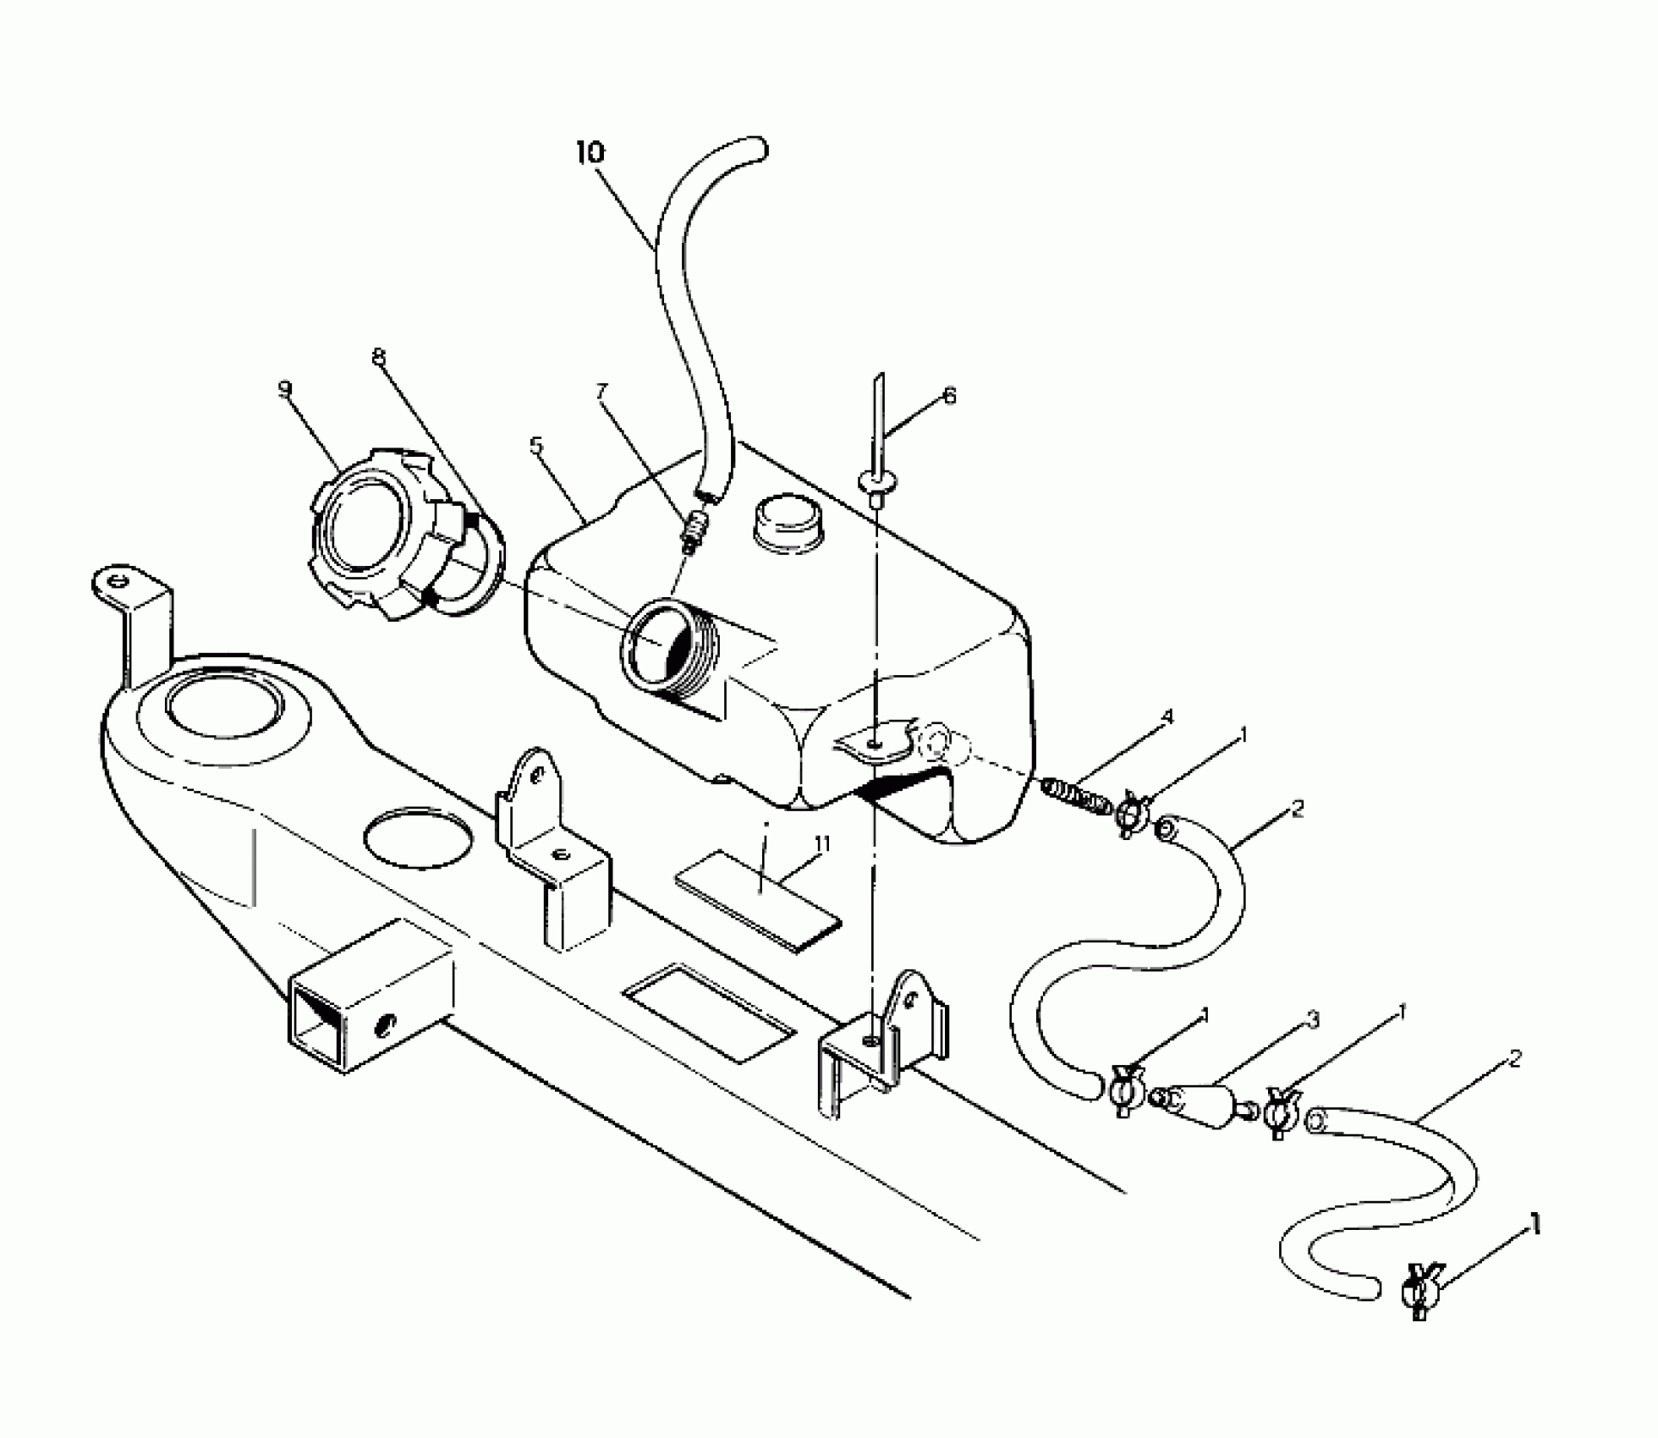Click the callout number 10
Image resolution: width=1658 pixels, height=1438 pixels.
[x=590, y=153]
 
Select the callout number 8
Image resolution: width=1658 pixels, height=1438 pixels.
[x=378, y=357]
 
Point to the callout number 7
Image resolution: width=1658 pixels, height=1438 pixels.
[x=601, y=391]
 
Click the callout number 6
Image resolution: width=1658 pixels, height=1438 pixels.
[x=949, y=395]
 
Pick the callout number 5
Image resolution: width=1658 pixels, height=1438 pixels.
[x=536, y=446]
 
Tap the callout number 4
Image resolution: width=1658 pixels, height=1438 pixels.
[x=1167, y=716]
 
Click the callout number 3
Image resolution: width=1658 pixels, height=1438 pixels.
[x=1312, y=1021]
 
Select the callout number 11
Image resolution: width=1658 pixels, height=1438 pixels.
[x=821, y=843]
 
